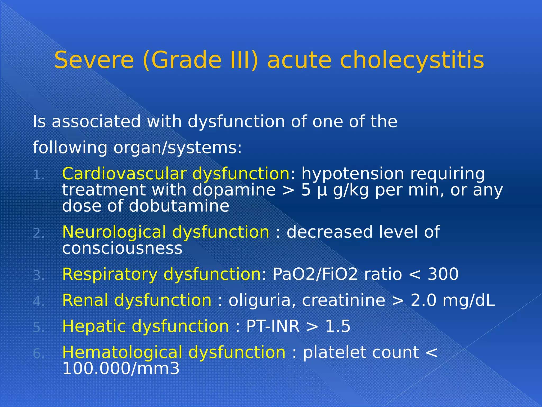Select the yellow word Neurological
pos(114,232)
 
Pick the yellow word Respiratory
pos(110,274)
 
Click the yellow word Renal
pos(85,300)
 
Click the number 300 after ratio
pos(443,274)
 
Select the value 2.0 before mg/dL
pos(423,300)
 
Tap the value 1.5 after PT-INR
pos(337,326)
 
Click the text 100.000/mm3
pos(121,369)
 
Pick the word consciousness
pos(122,248)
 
